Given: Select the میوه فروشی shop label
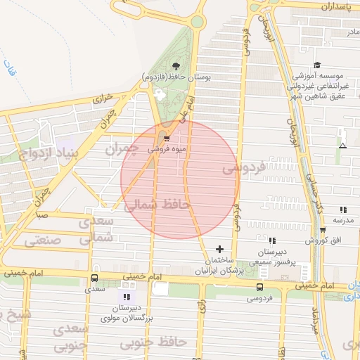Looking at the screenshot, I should click(167, 150).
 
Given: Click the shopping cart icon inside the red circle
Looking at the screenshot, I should click(167, 139).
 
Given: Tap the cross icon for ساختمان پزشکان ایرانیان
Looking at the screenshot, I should click(220, 249).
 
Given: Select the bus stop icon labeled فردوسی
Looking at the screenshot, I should click(260, 287).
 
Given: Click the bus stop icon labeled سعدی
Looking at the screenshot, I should click(95, 278).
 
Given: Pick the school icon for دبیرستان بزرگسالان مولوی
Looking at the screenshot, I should click(126, 297).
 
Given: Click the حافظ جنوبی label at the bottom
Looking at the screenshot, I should click(153, 342).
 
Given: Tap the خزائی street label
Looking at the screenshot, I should click(103, 101).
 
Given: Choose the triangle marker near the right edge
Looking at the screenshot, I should click(342, 146).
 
